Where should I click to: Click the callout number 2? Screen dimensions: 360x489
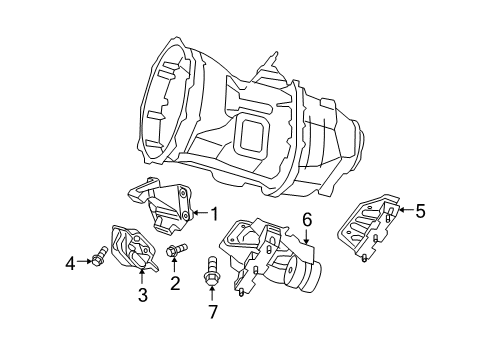tap(174, 284)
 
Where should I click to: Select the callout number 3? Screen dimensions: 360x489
tap(142, 295)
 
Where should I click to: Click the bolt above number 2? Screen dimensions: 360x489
tap(175, 252)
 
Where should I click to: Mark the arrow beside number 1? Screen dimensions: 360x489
tap(197, 213)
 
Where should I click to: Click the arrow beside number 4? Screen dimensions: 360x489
tap(84, 264)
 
